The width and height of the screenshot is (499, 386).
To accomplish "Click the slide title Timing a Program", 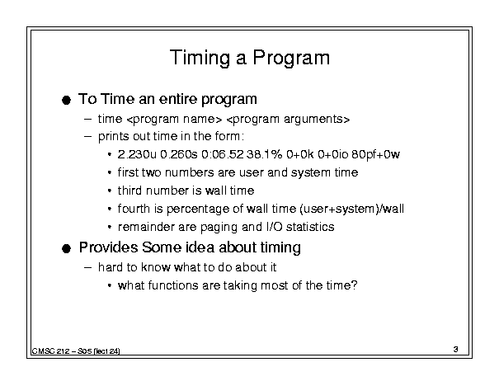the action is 250,58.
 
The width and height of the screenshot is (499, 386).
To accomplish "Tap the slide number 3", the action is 456,349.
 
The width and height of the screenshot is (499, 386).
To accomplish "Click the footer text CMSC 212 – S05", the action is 62,351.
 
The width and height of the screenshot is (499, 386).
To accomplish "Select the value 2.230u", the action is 137,154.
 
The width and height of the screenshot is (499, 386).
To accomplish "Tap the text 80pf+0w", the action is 375,155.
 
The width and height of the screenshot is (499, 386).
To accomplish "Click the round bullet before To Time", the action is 66,101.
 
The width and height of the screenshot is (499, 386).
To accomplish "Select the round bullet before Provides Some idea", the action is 66,248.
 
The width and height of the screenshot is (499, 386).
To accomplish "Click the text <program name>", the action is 174,120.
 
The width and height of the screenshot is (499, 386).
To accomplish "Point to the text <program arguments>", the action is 288,120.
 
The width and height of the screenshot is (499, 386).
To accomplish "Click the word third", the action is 129,191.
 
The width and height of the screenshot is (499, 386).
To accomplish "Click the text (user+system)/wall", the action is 351,209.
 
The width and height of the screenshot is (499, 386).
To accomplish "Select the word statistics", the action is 310,227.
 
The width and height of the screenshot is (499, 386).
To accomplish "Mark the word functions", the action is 173,285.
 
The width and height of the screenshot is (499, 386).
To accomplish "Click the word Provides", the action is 109,247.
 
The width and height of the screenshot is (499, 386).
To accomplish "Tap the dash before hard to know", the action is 87,267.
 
